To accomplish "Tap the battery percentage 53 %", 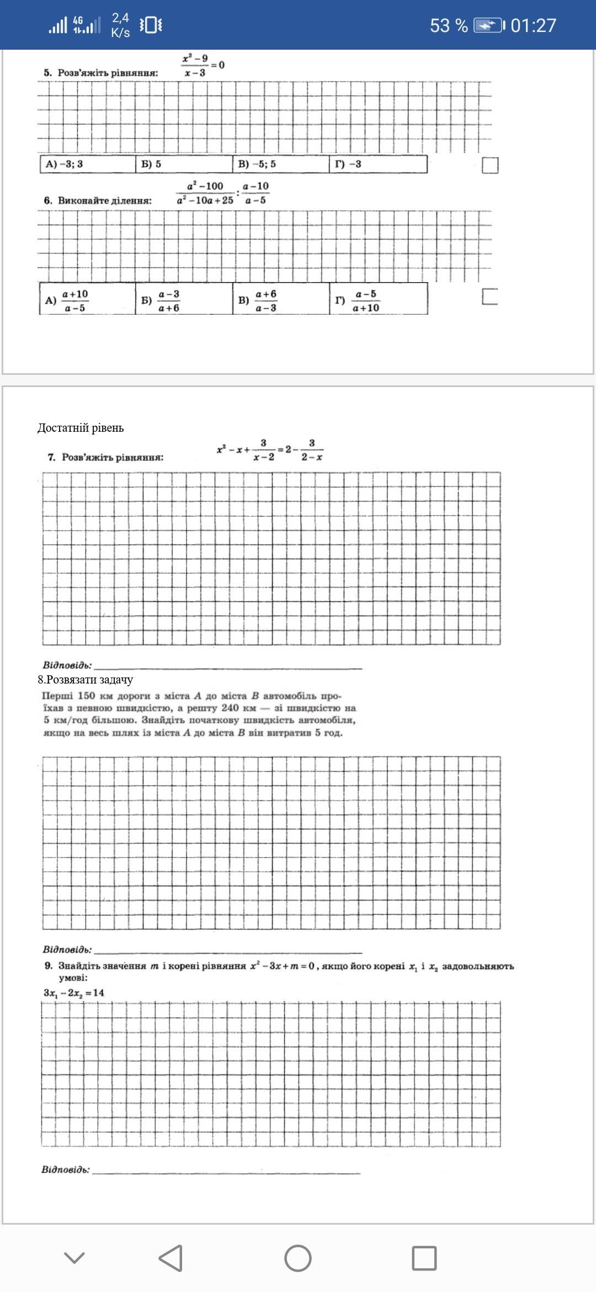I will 448,25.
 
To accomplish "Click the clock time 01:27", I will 533,25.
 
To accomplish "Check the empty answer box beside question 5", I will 490,165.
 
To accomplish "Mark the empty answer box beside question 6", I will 490,296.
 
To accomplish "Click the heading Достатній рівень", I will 81,428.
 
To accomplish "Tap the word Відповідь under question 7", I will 67,665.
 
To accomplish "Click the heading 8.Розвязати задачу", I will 85,680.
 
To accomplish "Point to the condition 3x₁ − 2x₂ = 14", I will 74,993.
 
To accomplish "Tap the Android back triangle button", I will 171,1258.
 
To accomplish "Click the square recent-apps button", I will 424,1258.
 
